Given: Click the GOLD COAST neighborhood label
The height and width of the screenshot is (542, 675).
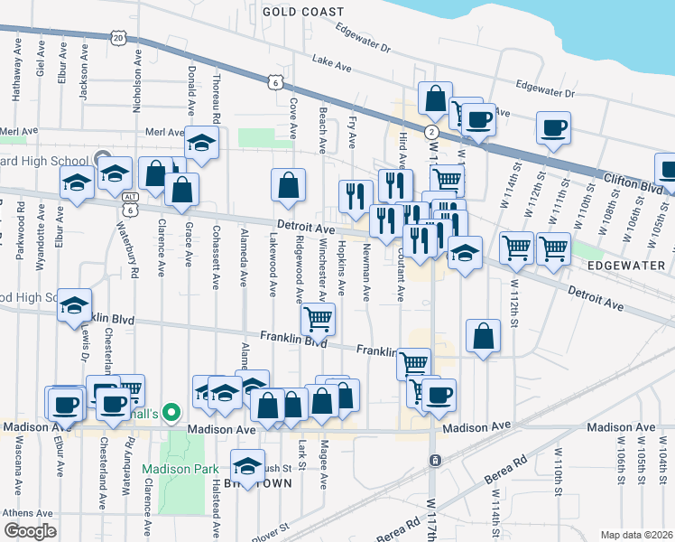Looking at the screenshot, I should [303, 12].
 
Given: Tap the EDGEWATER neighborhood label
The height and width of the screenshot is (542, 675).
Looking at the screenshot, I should [624, 267].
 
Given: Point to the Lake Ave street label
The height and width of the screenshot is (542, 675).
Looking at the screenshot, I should [330, 62].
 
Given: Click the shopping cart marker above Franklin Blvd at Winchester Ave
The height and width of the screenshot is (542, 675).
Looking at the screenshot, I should [318, 318].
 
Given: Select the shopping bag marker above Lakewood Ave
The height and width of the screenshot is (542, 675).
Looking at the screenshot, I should [288, 184].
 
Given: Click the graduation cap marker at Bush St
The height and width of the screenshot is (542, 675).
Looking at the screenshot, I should [246, 465].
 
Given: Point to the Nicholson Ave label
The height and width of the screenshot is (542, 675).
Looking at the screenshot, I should [137, 80].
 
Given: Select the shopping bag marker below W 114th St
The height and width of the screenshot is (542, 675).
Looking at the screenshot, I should [484, 335].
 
